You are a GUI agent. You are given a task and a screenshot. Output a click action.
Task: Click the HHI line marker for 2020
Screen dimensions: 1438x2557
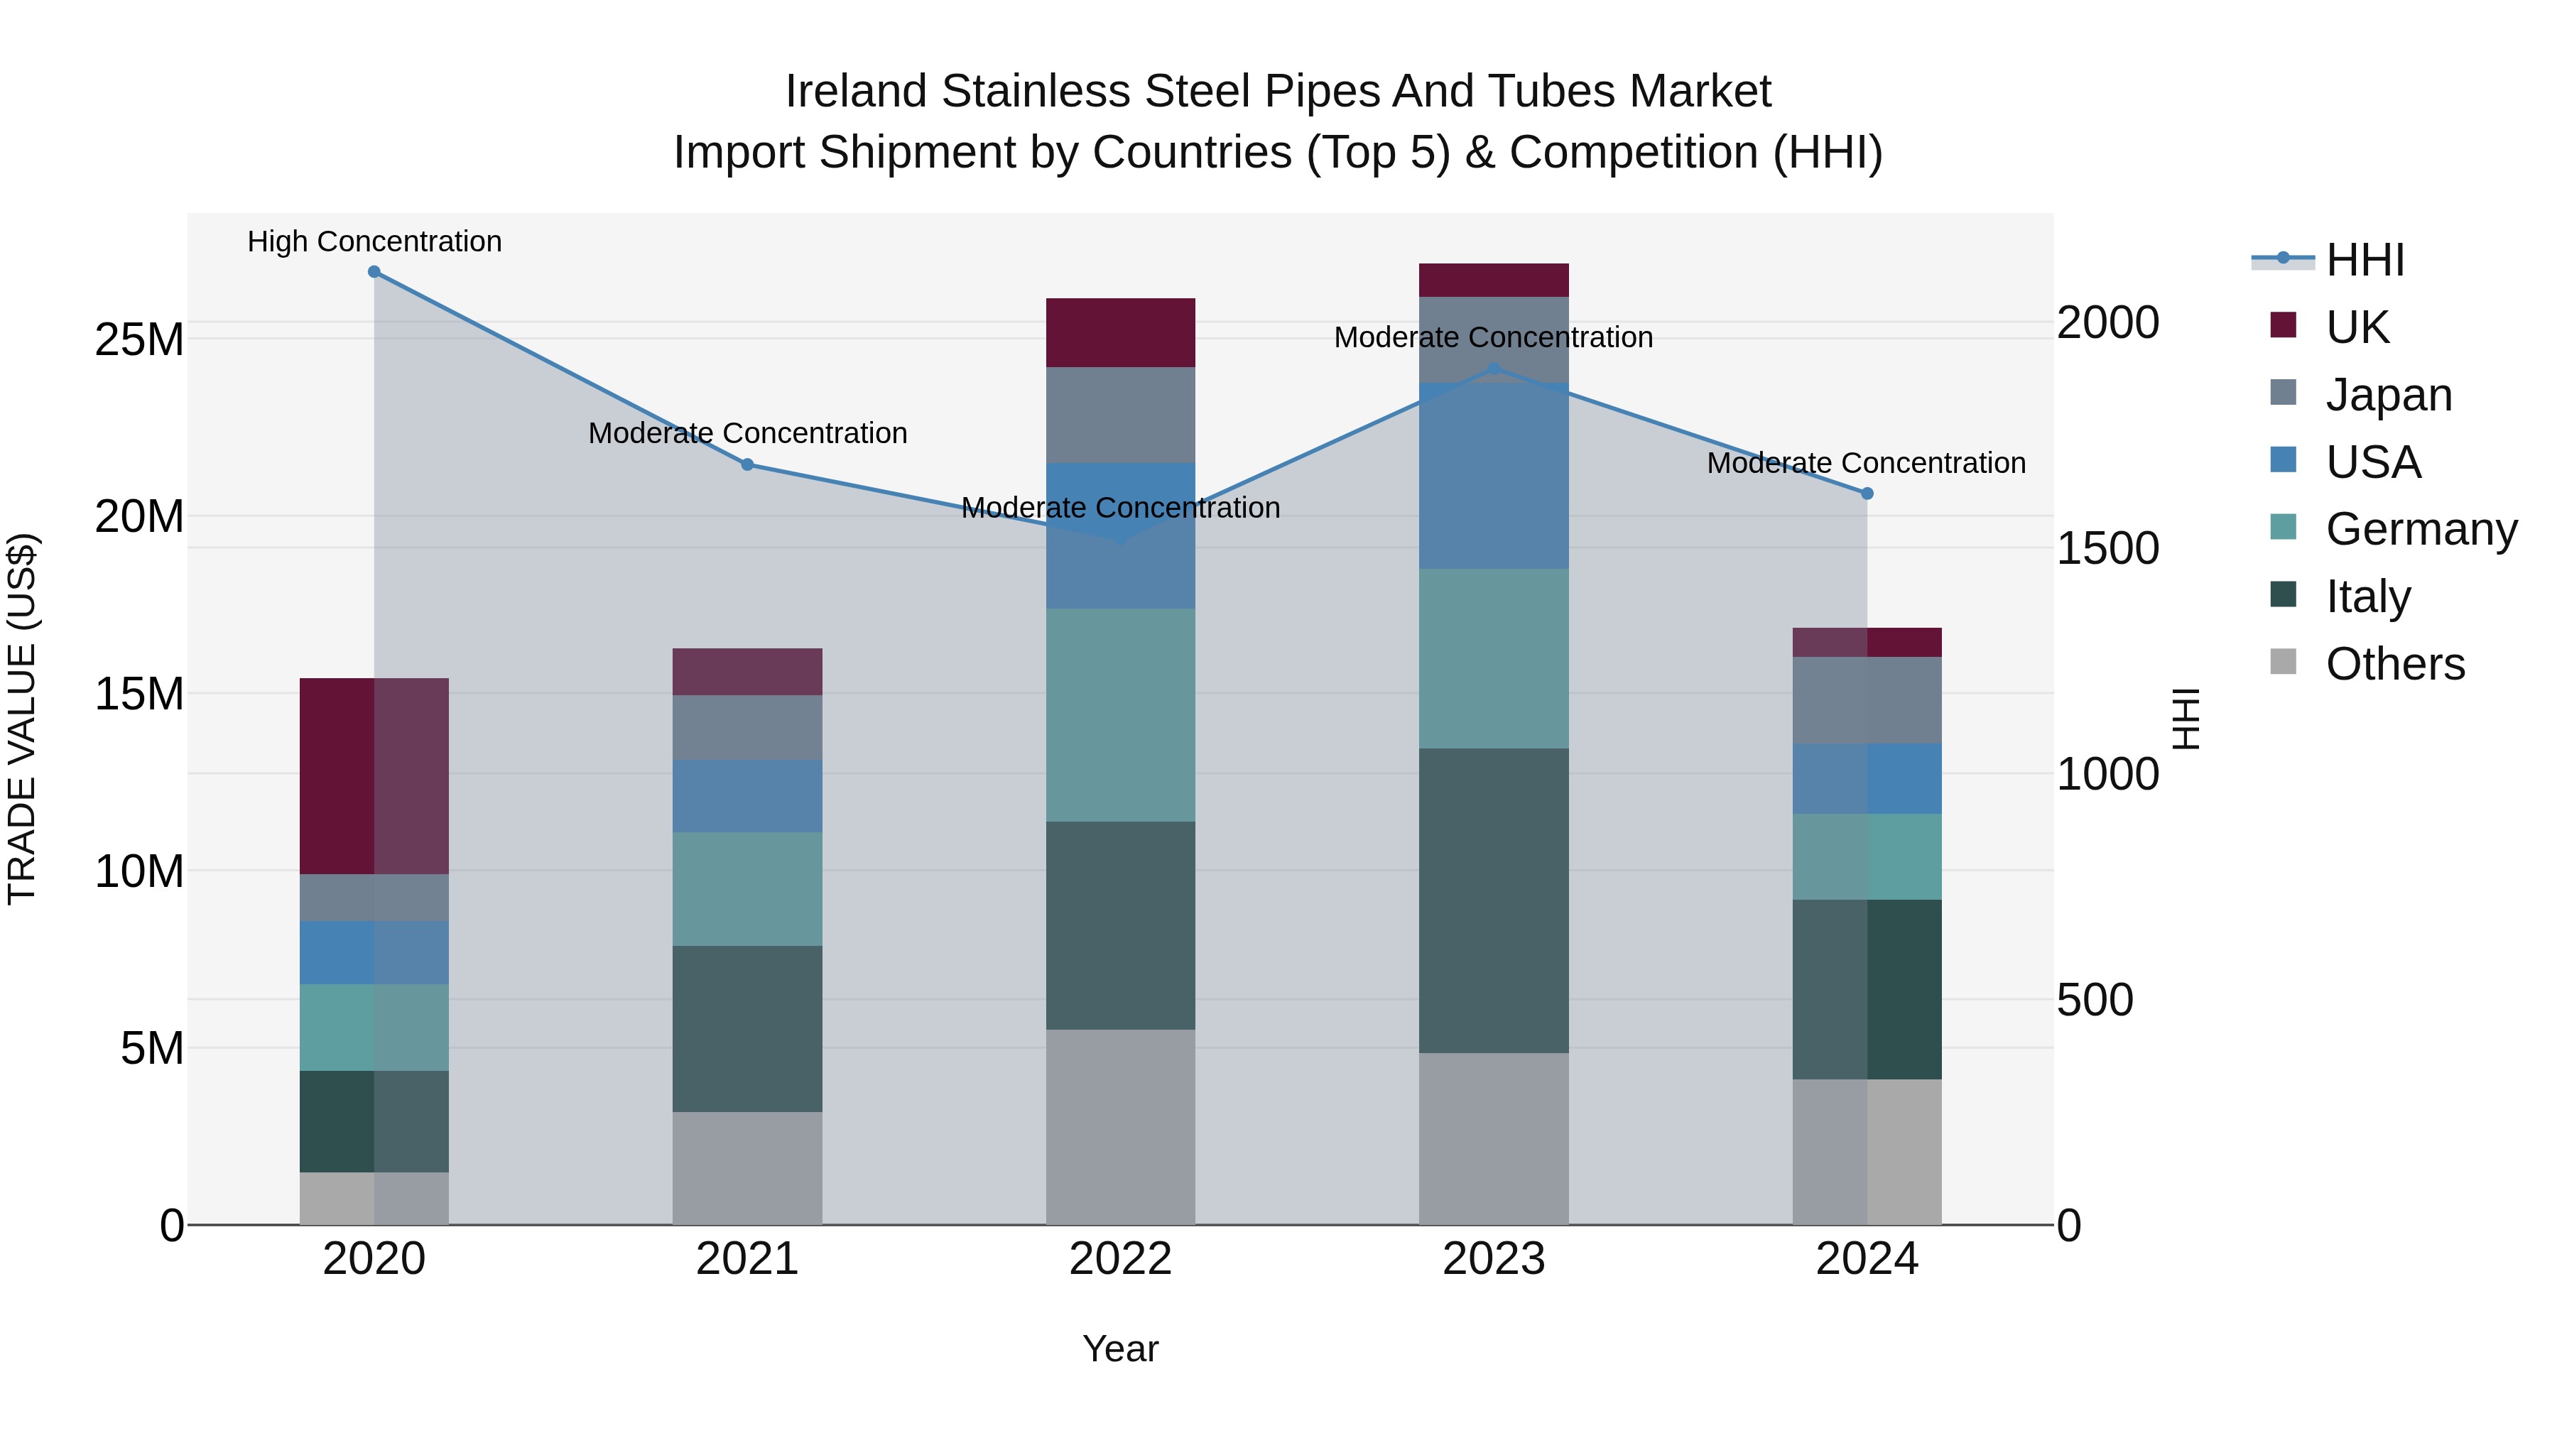374,272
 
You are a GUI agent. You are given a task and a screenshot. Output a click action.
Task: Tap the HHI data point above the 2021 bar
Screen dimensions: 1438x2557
747,464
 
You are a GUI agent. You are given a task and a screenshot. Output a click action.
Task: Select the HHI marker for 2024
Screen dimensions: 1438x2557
1867,494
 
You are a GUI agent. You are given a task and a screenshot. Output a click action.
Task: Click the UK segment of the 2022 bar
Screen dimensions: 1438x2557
1121,332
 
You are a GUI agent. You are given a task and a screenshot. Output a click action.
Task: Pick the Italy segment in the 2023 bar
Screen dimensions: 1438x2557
1494,900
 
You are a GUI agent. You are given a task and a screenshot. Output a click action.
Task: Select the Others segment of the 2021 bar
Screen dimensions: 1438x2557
747,1168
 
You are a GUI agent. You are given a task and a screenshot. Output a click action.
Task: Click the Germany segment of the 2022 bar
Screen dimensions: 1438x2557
1121,714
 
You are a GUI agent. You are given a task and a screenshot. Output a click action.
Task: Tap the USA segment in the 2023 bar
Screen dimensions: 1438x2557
1494,476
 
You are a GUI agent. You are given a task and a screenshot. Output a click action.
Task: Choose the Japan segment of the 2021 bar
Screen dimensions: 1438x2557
747,727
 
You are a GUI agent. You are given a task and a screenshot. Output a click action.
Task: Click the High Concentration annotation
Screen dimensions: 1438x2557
374,241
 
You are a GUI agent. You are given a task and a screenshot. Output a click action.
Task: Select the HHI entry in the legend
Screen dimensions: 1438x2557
2365,260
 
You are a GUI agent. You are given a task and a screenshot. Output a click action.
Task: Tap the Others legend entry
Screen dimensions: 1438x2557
2394,664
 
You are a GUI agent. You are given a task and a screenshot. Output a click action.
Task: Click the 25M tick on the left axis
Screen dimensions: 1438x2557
139,339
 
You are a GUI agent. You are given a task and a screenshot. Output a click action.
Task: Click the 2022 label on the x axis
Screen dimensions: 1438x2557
1121,1259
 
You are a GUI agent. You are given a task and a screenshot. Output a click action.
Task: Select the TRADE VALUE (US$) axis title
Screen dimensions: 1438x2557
22,719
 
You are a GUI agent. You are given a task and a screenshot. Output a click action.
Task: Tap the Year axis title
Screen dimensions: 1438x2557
1121,1349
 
